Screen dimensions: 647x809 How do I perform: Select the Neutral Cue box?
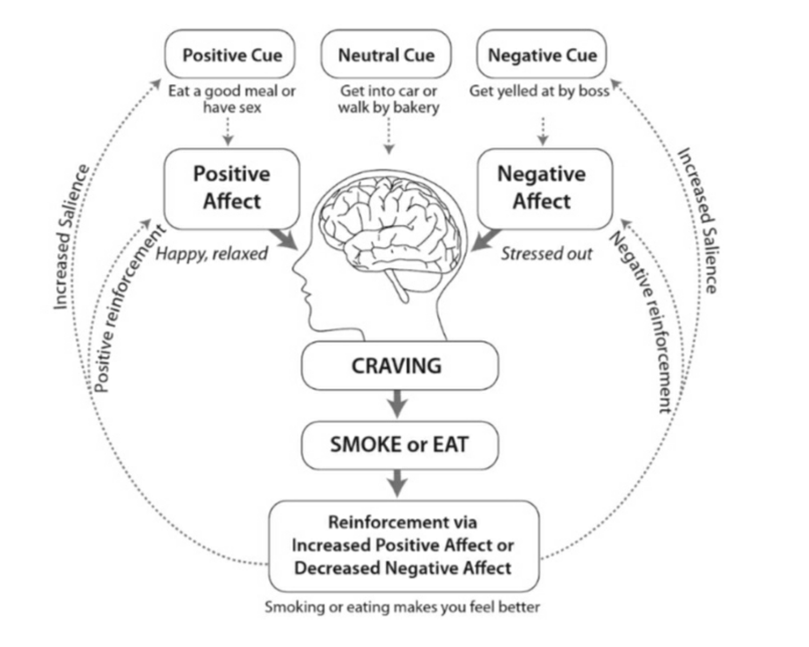(x=386, y=54)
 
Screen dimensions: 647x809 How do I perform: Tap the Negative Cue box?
(x=541, y=54)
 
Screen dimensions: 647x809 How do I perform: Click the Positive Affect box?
(x=231, y=188)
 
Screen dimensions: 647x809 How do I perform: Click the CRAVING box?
(x=399, y=366)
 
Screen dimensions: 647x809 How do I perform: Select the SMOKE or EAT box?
(x=399, y=445)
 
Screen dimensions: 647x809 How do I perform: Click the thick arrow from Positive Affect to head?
(x=284, y=239)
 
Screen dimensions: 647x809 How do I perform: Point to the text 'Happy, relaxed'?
(x=211, y=253)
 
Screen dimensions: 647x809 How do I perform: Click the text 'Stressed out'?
(x=546, y=253)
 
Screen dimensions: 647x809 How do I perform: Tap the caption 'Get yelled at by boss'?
(x=539, y=91)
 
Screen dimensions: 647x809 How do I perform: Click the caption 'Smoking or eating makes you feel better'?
(x=402, y=607)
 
